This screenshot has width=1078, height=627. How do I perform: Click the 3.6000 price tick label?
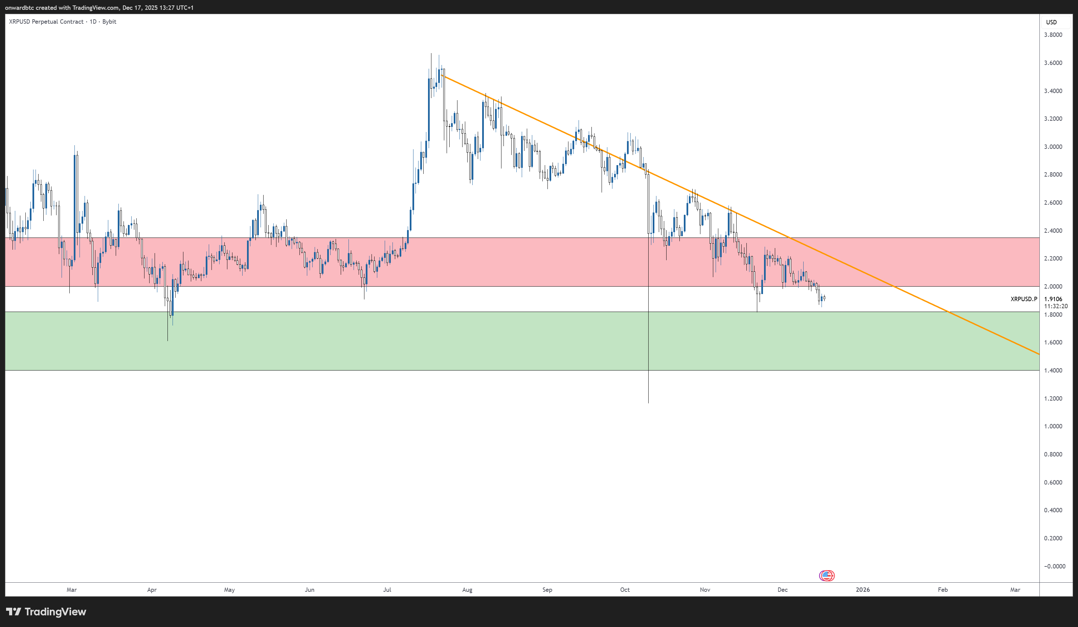point(1053,63)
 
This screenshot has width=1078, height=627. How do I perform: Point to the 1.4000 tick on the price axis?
point(1053,371)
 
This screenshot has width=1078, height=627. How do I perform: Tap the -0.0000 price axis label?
point(1054,566)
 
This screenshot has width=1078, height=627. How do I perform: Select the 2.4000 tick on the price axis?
point(1053,230)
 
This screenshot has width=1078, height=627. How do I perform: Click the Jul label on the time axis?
point(387,590)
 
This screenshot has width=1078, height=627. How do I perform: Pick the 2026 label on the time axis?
point(862,590)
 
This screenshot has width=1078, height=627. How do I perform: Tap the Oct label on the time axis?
point(625,590)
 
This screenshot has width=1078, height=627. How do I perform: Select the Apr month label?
point(152,590)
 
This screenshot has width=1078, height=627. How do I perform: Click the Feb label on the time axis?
point(942,590)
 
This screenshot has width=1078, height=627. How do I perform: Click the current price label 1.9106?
point(1053,299)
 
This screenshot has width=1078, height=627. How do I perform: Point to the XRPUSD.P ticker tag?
point(1024,299)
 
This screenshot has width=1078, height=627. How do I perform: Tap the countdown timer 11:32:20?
point(1055,306)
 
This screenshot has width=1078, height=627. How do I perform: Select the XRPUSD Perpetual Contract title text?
point(46,22)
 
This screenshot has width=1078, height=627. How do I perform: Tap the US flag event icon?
point(827,576)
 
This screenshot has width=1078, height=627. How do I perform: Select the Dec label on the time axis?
point(782,590)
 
